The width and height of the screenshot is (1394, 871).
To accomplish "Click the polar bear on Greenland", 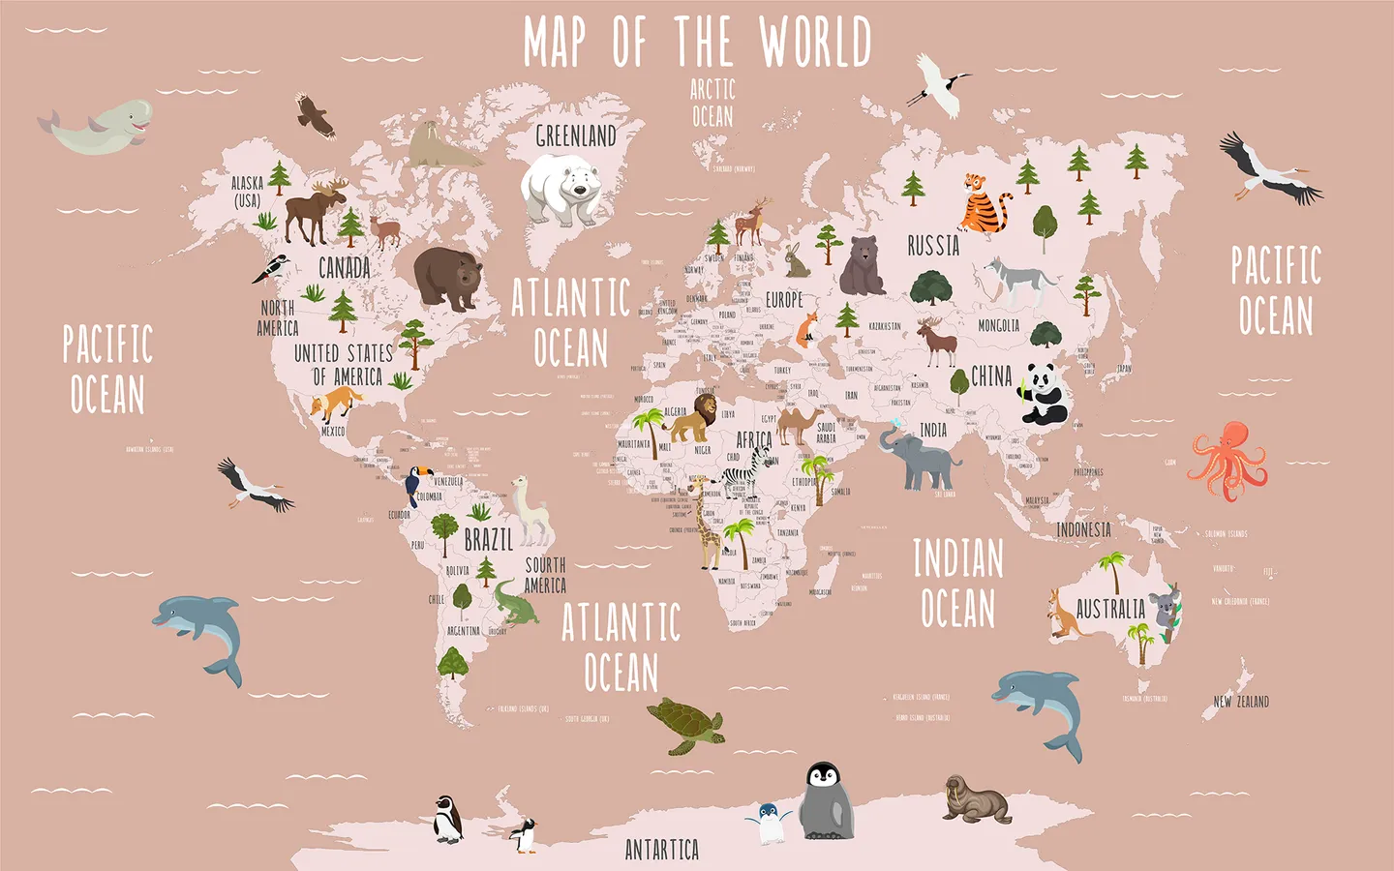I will click(x=561, y=189).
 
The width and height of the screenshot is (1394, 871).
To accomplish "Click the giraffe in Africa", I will click(x=710, y=527).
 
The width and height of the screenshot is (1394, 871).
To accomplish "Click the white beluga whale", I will click(x=102, y=126).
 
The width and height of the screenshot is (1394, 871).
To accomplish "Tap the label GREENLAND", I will click(x=576, y=136).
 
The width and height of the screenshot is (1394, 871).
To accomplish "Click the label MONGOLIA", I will click(x=998, y=326).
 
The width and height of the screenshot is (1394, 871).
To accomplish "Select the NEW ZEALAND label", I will click(x=1241, y=702).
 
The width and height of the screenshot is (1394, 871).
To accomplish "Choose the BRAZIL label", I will click(x=489, y=539).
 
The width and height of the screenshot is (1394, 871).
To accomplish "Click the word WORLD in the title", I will click(x=815, y=43).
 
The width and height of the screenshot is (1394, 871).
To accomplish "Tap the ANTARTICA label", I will click(x=662, y=850).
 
